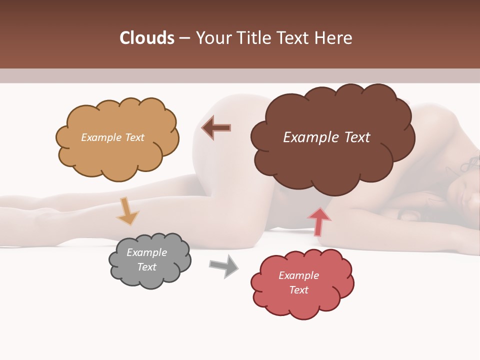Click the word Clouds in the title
[x=147, y=38]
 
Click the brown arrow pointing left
[x=216, y=127]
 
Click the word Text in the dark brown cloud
[x=353, y=137]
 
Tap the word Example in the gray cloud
[x=146, y=252]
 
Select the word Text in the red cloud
[x=298, y=290]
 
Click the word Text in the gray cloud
[x=146, y=267]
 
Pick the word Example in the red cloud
[x=298, y=275]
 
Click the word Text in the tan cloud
[x=134, y=137]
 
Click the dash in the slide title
[x=184, y=38]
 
